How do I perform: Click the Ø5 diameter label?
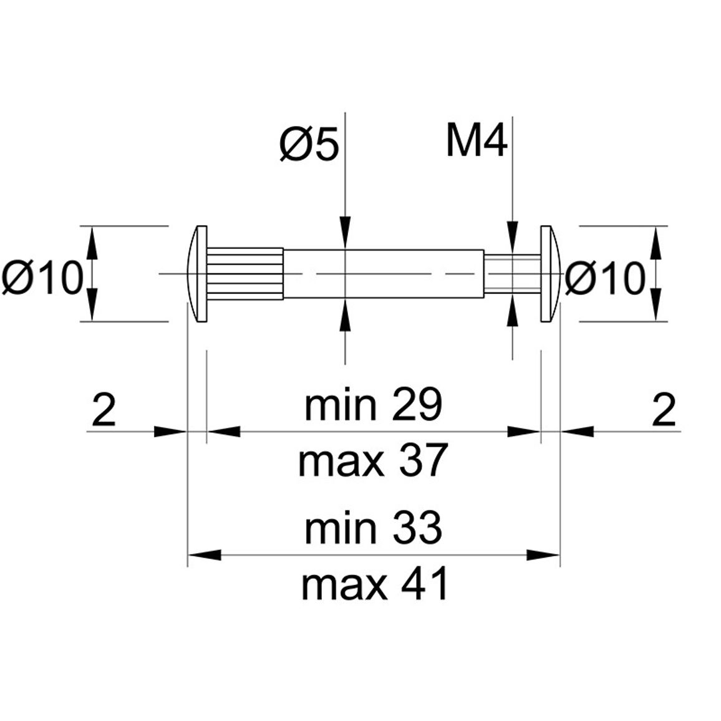click(309, 143)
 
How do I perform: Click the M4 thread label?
click(477, 140)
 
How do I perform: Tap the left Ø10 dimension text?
click(42, 278)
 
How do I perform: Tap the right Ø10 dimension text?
click(604, 278)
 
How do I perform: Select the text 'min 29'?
click(373, 405)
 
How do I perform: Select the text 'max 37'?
click(373, 460)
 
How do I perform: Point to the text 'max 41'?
click(374, 584)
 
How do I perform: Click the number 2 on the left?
click(104, 409)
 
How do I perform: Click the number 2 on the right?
click(664, 409)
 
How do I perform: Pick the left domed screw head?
click(198, 274)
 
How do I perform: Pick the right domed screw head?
click(550, 274)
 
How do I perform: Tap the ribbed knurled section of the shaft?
click(245, 274)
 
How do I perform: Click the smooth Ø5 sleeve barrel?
click(384, 274)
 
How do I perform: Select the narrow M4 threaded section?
click(512, 274)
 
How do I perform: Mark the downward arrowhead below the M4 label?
click(513, 238)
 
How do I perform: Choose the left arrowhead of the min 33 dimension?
click(205, 554)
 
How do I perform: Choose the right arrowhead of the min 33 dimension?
click(543, 554)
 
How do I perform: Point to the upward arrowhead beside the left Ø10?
click(92, 243)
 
